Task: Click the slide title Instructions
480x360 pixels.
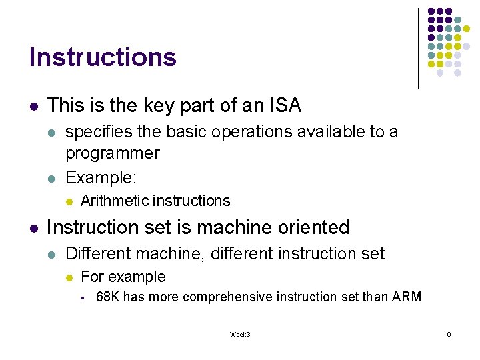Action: click(x=103, y=57)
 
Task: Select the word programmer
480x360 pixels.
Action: click(x=113, y=153)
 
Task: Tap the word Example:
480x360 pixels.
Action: click(x=100, y=177)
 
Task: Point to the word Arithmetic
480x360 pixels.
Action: click(x=115, y=201)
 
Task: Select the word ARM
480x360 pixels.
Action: click(x=407, y=297)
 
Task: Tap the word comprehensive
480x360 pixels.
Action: click(x=225, y=297)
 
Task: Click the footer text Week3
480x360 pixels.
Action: click(x=240, y=334)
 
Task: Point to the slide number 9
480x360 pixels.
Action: click(x=449, y=334)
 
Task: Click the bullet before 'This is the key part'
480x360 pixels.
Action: click(x=33, y=107)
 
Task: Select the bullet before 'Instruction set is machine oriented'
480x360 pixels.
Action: click(x=33, y=228)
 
